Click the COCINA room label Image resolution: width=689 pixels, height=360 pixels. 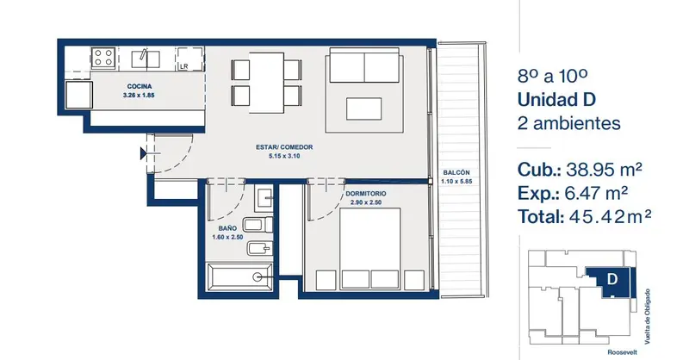pos(140,86)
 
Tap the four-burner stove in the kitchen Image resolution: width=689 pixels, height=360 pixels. pos(103,58)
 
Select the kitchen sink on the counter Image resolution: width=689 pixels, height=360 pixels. pos(146,59)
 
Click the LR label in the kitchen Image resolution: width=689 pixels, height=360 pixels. pos(183,66)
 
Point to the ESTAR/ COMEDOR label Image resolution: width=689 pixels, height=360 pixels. pos(284,147)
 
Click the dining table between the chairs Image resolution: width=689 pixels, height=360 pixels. pos(267,83)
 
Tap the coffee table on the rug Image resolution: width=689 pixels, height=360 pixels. pos(363,109)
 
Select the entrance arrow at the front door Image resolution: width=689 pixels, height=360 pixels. pos(143,153)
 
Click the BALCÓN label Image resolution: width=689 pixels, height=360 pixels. pos(456,173)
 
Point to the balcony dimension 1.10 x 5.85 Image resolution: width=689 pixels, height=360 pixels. pos(456,181)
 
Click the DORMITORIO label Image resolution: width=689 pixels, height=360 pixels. pos(365,194)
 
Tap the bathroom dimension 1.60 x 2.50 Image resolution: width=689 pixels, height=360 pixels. pos(227,238)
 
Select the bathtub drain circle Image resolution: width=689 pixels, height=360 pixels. pos(258,276)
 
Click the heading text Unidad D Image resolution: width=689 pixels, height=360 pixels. pos(556,100)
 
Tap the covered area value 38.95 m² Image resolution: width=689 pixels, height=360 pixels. pos(604,169)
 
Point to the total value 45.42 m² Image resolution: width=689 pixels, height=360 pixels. pos(610,217)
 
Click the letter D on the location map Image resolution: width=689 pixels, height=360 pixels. pos(612,279)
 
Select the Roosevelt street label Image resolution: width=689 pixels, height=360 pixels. pos(622,352)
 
